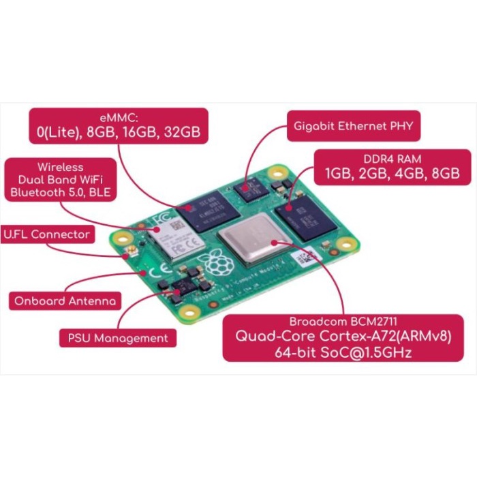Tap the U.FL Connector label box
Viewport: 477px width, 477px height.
click(47, 234)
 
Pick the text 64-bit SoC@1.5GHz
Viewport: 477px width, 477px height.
click(344, 353)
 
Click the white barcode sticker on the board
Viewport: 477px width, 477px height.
click(305, 258)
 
